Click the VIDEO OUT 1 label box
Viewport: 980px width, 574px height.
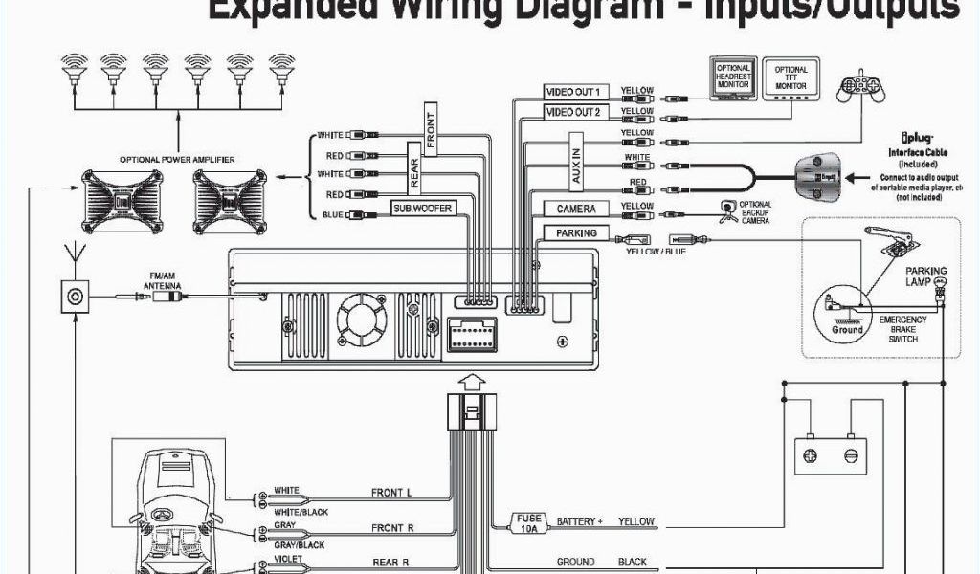pos(573,92)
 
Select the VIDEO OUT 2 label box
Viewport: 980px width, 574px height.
pos(573,112)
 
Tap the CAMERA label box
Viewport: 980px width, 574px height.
pos(576,209)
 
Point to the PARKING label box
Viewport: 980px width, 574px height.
pos(576,232)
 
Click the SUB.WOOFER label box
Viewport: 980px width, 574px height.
pos(422,208)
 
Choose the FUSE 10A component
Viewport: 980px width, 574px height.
pos(529,521)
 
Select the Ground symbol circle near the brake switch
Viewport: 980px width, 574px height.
pos(846,315)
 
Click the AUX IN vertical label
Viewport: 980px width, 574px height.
pos(576,166)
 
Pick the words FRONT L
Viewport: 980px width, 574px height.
pos(391,494)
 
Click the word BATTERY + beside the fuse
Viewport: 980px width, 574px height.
pos(580,522)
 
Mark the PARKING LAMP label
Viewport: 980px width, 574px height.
pos(925,276)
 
